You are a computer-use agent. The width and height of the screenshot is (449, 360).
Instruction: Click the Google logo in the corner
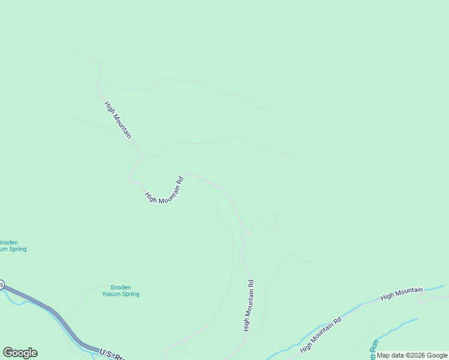(x=20, y=353)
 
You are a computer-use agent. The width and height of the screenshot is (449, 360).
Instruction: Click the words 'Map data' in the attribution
(x=390, y=355)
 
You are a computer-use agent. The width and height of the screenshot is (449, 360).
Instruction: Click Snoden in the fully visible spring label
(x=121, y=287)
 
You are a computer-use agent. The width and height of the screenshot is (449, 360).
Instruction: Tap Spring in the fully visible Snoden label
(x=130, y=294)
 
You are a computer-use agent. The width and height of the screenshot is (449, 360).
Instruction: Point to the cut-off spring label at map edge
(x=12, y=245)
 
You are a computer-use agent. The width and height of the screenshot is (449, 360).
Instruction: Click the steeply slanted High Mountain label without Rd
(x=118, y=120)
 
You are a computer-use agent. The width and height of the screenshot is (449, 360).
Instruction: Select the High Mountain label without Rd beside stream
(x=402, y=294)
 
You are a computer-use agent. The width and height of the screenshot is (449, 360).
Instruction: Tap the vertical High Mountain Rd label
(x=247, y=305)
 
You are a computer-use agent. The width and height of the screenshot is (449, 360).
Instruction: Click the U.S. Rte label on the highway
(x=112, y=354)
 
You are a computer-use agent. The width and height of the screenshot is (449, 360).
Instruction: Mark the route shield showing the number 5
(x=1, y=284)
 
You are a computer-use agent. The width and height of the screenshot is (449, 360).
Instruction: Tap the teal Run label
(x=373, y=351)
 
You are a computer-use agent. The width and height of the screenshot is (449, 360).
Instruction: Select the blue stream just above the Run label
(x=396, y=328)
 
